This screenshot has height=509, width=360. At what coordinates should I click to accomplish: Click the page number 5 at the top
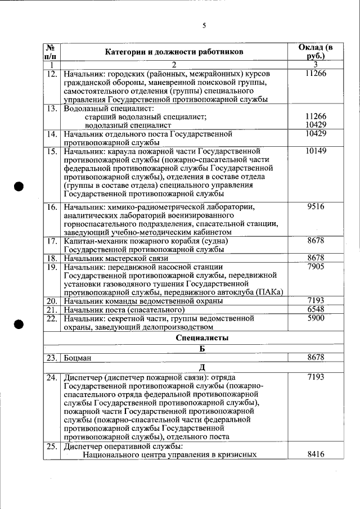pos(204,25)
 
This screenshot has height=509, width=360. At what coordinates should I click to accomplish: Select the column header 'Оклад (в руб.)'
pos(316,52)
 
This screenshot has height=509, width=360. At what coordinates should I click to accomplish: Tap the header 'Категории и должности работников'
pos(174,52)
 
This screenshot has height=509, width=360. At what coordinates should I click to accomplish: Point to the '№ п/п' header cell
pos(51,52)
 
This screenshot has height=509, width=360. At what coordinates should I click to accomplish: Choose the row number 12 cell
pos(52,74)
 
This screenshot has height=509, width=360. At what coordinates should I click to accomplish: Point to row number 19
pos(52,267)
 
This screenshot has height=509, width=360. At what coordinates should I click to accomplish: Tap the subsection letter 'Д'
pos(202,367)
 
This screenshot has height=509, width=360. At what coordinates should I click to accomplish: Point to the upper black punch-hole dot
pos(19,187)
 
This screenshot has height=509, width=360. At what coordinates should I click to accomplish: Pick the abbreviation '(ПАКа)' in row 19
pos(268,292)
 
